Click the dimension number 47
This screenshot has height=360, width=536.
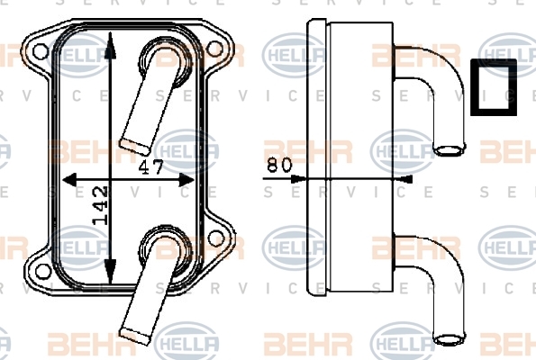tap(151, 167)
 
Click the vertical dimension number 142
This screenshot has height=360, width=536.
tap(100, 205)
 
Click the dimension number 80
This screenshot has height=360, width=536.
tap(279, 165)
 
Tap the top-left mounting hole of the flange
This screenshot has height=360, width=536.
tap(41, 51)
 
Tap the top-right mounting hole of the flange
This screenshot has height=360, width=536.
tap(214, 49)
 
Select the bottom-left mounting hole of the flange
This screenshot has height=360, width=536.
tap(43, 271)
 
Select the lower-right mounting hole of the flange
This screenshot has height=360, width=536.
tap(216, 238)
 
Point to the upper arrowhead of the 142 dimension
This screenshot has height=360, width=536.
tap(110, 45)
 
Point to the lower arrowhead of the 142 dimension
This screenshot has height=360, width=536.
tap(110, 271)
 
